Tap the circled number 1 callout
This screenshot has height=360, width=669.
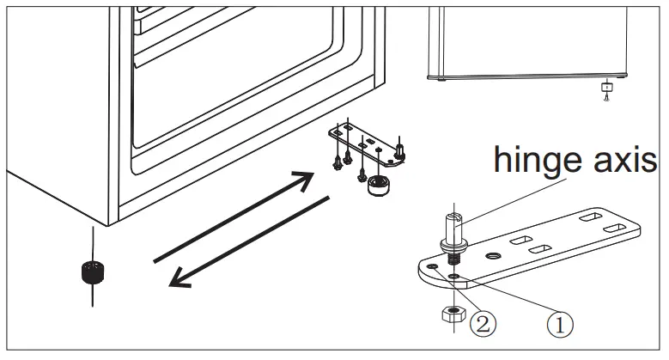pyautogui.click(x=559, y=325)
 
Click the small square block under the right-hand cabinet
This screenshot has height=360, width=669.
pyautogui.click(x=607, y=86)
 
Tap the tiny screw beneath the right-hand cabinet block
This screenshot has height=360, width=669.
pyautogui.click(x=607, y=99)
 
